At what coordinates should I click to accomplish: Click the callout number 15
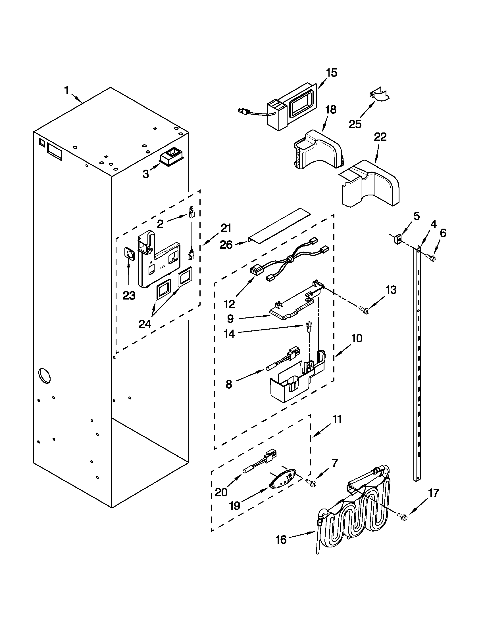coord(332,73)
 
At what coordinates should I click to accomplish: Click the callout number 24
coord(145,324)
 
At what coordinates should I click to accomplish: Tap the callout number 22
coord(380,137)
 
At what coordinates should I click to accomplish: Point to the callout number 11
coord(337,419)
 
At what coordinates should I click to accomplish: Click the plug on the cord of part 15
coord(243,110)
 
